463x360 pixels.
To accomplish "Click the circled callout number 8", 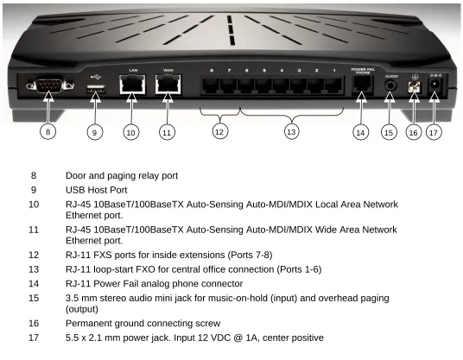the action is [x=48, y=131].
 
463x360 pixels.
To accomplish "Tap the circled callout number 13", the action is [x=291, y=131].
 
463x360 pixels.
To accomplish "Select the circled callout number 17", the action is [x=434, y=132].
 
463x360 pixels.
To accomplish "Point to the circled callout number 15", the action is [x=389, y=132].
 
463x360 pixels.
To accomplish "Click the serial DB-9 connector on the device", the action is [x=49, y=85].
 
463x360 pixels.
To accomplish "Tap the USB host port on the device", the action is [x=95, y=89].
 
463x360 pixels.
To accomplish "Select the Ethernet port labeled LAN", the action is [x=132, y=85].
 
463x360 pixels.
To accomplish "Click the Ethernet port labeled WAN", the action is [x=168, y=85].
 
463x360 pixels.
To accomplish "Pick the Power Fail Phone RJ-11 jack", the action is [x=362, y=85].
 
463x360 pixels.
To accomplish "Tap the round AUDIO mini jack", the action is [x=391, y=86].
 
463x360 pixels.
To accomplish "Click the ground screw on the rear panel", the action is [x=414, y=87].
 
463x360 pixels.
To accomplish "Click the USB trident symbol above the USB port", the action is [x=96, y=77].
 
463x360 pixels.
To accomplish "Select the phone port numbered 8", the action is [x=211, y=85].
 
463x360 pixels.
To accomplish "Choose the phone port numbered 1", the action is [x=333, y=85].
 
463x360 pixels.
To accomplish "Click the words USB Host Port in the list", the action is [x=96, y=190].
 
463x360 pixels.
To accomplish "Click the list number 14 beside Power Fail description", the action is [x=34, y=283].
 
